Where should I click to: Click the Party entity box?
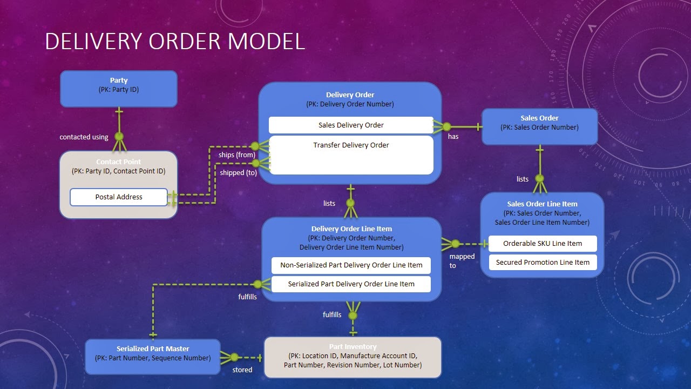pyautogui.click(x=118, y=89)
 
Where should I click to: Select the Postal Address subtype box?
pyautogui.click(x=119, y=197)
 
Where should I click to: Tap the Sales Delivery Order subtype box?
pyautogui.click(x=351, y=125)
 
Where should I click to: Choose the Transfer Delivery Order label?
pyautogui.click(x=351, y=145)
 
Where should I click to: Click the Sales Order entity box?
pyautogui.click(x=539, y=126)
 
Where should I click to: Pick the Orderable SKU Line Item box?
pyautogui.click(x=543, y=244)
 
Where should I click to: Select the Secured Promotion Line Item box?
pyautogui.click(x=543, y=263)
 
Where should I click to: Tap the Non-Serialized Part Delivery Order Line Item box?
pyautogui.click(x=351, y=265)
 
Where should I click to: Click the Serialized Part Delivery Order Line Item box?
pyautogui.click(x=351, y=284)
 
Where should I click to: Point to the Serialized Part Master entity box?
pyautogui.click(x=153, y=357)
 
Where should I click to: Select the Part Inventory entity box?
pyautogui.click(x=353, y=357)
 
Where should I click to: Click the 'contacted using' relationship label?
pyautogui.click(x=84, y=137)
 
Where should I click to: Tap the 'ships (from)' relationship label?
pyautogui.click(x=236, y=155)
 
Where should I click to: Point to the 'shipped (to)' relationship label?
pyautogui.click(x=238, y=173)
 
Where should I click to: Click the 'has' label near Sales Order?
pyautogui.click(x=453, y=137)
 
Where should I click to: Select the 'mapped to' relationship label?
pyautogui.click(x=462, y=261)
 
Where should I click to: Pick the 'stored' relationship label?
pyautogui.click(x=242, y=370)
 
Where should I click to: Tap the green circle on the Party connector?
pyautogui.click(x=119, y=136)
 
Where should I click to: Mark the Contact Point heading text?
pyautogui.click(x=118, y=162)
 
